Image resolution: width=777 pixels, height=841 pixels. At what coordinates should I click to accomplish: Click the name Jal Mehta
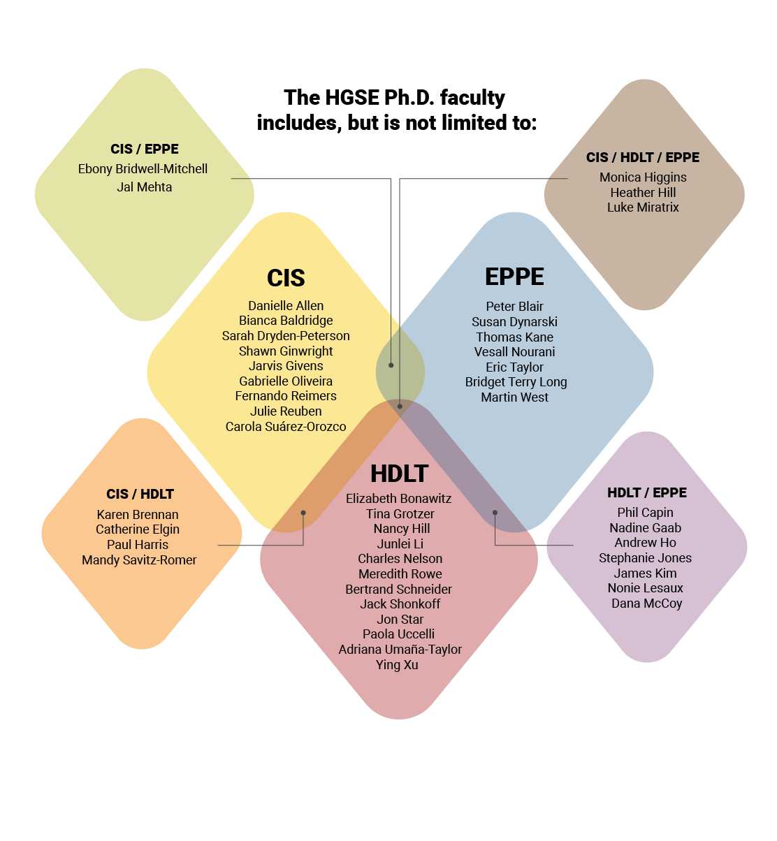[x=144, y=187]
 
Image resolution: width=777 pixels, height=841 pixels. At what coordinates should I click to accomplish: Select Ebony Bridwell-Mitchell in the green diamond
[x=143, y=169]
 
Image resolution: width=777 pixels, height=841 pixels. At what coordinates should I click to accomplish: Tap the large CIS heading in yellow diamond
[x=286, y=278]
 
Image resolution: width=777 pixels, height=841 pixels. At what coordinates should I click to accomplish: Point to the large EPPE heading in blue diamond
[x=514, y=277]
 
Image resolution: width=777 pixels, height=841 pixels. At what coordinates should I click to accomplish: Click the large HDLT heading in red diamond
[x=399, y=474]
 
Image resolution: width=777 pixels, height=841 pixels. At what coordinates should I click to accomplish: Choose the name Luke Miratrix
[x=643, y=207]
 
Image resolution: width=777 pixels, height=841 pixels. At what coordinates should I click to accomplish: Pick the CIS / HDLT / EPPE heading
[x=643, y=158]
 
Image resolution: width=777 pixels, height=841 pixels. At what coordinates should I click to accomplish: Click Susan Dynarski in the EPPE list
[x=514, y=322]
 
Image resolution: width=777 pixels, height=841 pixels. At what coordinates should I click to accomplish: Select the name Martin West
[x=514, y=397]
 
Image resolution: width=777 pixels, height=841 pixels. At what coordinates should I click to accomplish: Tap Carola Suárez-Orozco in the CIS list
[x=286, y=427]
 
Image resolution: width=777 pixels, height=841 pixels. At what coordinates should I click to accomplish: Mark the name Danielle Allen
[x=286, y=306]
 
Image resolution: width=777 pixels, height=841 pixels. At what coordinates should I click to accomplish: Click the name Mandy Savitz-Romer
[x=139, y=560]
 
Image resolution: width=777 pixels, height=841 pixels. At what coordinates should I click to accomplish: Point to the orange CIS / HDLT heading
[x=140, y=495]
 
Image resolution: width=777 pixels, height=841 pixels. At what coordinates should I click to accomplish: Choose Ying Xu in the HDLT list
[x=397, y=665]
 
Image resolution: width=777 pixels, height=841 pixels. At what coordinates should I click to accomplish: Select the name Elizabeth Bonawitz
[x=398, y=499]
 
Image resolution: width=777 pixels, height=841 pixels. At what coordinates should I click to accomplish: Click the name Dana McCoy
[x=646, y=604]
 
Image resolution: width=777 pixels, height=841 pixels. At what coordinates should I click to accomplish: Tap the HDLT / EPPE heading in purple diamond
[x=647, y=493]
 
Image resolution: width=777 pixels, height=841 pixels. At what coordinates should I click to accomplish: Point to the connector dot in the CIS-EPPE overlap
[x=391, y=365]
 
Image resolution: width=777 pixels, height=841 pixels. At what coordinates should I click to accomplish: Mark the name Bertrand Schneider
[x=398, y=590]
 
